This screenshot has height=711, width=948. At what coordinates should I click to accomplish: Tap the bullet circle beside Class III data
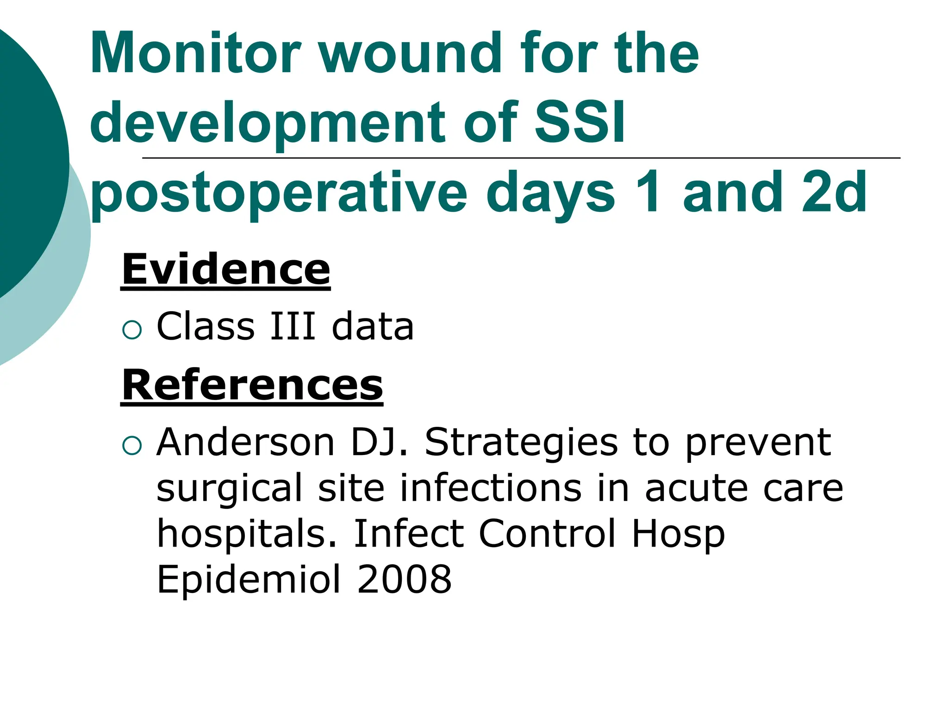click(x=132, y=330)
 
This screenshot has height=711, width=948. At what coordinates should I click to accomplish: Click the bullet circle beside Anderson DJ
click(x=132, y=446)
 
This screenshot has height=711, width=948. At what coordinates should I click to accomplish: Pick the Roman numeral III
click(x=293, y=326)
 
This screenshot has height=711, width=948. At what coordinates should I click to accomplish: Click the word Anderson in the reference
click(x=246, y=443)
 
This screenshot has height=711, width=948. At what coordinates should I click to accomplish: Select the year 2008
click(x=405, y=579)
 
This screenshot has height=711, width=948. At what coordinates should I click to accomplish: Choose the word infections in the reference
click(x=491, y=488)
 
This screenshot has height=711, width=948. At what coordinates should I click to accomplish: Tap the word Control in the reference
click(x=548, y=533)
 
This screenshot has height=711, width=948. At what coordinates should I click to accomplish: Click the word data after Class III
click(x=373, y=326)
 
